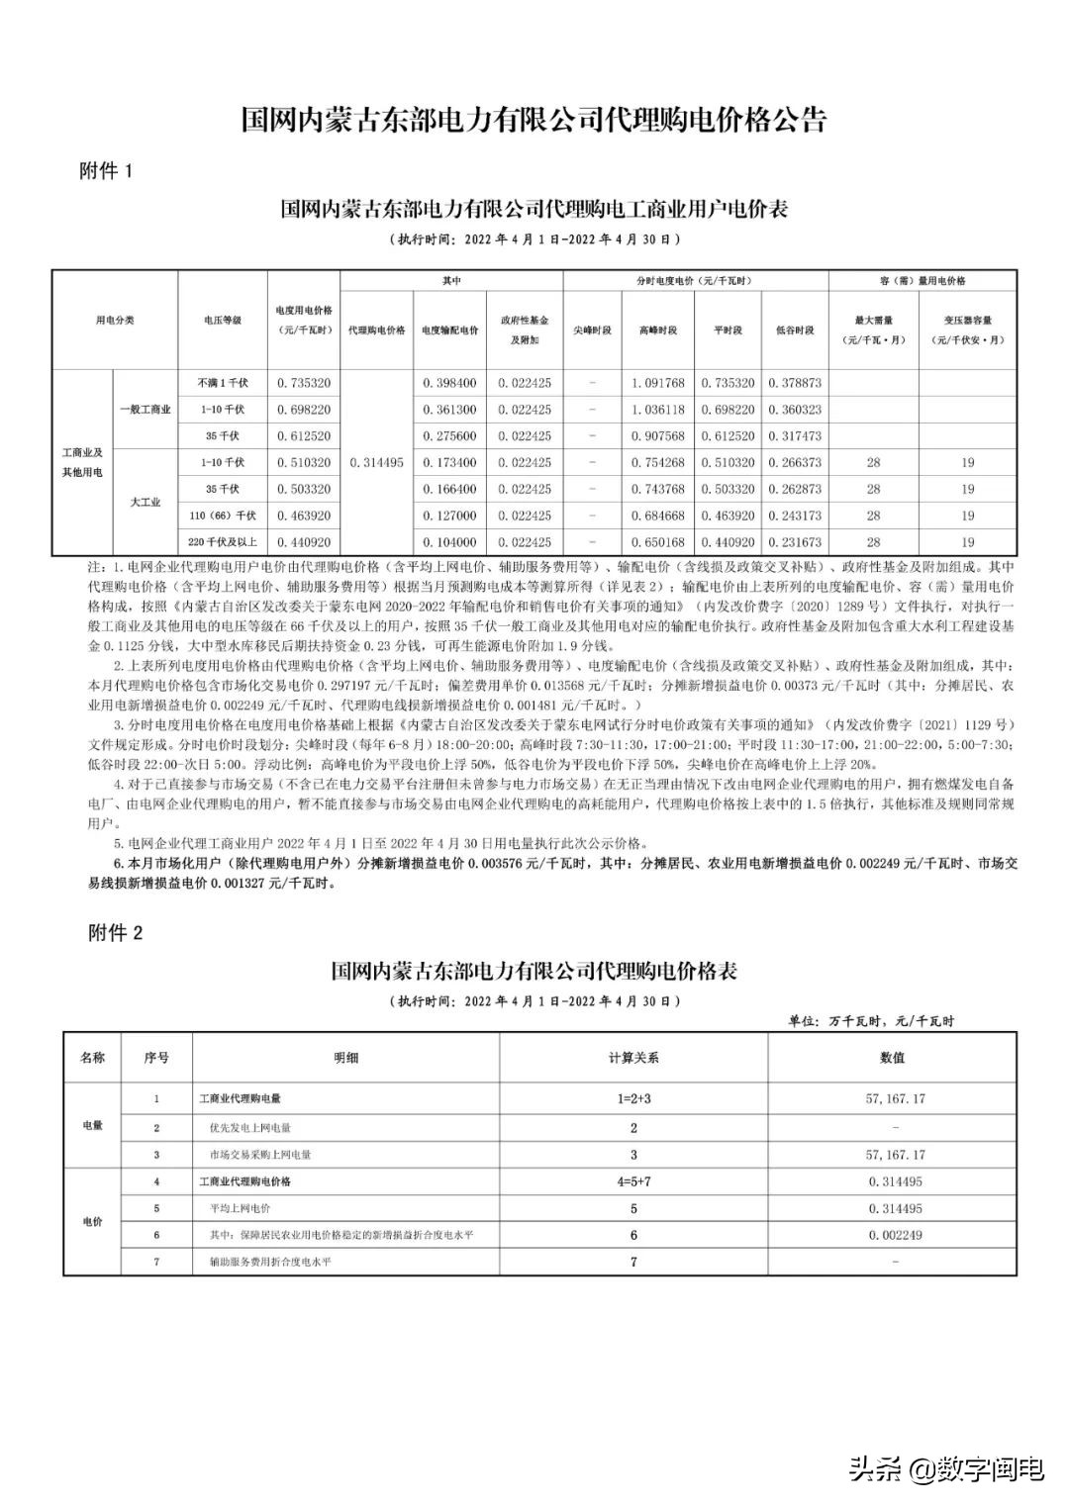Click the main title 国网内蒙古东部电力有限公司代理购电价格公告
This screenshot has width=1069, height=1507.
534,121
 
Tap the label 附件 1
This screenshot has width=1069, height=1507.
106,171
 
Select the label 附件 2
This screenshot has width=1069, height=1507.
116,932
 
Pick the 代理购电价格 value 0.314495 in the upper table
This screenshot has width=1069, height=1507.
376,462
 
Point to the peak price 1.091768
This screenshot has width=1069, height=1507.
657,383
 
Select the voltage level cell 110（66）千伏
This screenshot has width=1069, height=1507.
223,516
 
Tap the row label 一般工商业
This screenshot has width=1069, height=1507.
145,410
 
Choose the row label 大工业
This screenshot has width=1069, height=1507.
145,503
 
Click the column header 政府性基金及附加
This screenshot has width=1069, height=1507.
525,330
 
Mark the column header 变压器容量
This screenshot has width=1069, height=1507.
967,330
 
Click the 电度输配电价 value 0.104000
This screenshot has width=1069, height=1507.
449,542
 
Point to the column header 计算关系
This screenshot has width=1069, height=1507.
633,1058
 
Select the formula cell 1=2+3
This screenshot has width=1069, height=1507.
633,1099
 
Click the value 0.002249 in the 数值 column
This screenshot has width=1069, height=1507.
895,1235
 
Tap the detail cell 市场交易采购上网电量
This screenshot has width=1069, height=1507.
260,1155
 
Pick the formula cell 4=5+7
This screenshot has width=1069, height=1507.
633,1181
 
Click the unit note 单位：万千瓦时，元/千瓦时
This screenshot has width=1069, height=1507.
871,1021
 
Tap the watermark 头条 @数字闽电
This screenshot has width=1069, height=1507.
945,1469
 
